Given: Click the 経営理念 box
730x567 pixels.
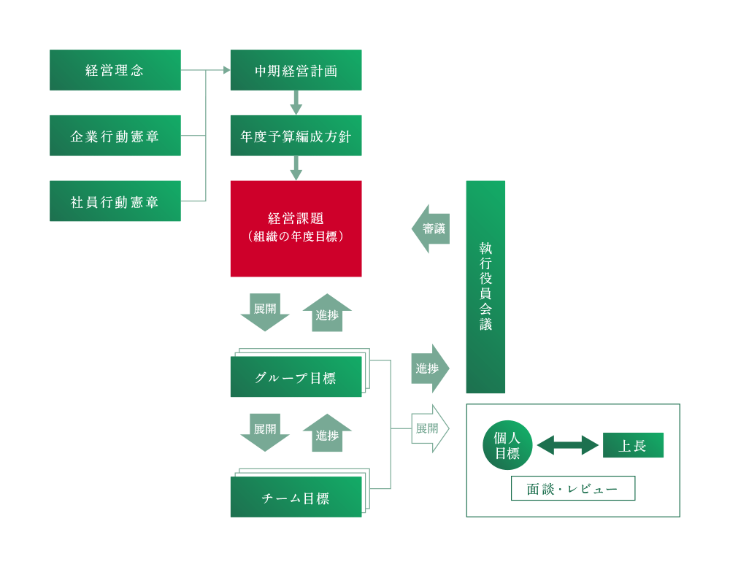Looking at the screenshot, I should (115, 70).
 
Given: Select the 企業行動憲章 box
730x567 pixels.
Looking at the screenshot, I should (115, 136).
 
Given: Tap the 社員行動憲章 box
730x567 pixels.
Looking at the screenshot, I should (115, 201).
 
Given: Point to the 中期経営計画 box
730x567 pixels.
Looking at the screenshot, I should (296, 70).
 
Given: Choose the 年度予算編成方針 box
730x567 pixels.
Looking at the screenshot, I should (296, 136).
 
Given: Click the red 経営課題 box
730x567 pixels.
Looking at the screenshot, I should (296, 228).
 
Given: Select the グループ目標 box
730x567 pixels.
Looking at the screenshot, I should (296, 378).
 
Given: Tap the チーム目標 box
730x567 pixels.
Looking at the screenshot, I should (296, 498).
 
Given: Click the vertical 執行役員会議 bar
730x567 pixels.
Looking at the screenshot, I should (485, 287).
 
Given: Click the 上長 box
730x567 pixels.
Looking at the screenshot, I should (633, 445).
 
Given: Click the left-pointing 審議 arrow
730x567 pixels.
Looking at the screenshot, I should (431, 228).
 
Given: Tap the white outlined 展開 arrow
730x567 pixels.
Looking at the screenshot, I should (429, 428).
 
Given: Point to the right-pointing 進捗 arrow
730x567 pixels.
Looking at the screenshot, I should (429, 369).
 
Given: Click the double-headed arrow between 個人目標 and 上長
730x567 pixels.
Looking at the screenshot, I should (568, 445).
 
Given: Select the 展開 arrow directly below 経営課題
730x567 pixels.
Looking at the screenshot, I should (265, 312).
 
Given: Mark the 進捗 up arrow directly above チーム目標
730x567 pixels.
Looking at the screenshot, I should (327, 433).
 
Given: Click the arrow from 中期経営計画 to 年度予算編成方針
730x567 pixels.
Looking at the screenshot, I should (296, 103).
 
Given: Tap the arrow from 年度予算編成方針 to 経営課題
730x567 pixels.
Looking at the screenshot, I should (296, 168).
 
